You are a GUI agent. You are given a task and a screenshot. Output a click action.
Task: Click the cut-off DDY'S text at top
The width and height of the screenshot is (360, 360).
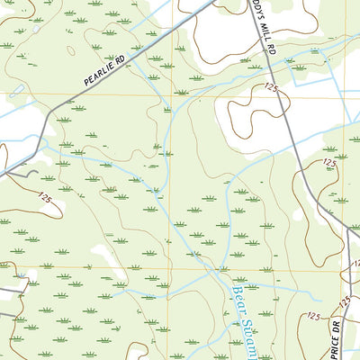pyautogui.click(x=257, y=7)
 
